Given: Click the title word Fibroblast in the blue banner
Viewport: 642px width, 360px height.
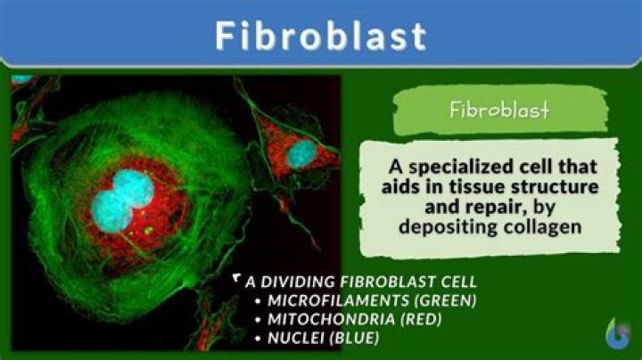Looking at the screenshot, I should click(x=321, y=36).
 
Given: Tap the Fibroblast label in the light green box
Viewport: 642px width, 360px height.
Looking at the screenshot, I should click(x=498, y=112).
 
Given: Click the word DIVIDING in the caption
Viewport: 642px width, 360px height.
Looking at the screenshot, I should click(x=300, y=281).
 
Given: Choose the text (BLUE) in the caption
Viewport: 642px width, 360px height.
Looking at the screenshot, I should click(x=353, y=338).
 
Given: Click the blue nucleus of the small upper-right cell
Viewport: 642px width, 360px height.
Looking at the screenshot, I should click(x=300, y=152).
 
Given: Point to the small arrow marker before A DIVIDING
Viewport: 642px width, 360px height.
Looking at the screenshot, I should click(x=236, y=280).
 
